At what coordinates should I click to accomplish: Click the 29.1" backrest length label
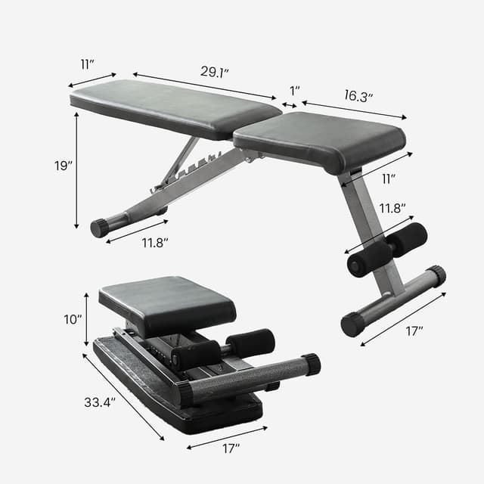(x=216, y=71)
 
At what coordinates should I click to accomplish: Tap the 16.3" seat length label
(x=358, y=96)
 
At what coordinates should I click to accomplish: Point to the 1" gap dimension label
(x=294, y=91)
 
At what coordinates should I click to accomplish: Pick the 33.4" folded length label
(x=99, y=402)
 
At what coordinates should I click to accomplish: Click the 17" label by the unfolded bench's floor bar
(x=414, y=330)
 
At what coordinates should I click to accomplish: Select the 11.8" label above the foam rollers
(x=392, y=207)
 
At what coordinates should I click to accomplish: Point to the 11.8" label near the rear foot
(x=154, y=242)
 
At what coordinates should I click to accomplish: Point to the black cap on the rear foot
(x=99, y=228)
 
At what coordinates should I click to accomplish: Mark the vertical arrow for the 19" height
(x=76, y=170)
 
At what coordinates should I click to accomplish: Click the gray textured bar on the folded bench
(x=242, y=378)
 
